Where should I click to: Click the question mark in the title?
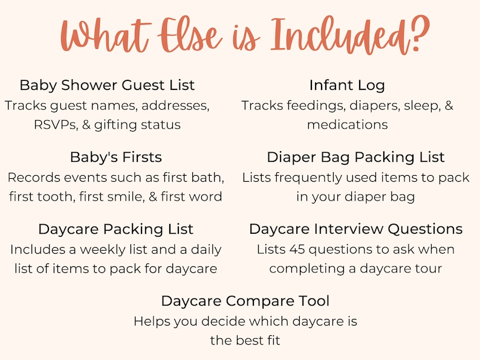415,35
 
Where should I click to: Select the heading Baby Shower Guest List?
107,85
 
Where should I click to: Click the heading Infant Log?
347,85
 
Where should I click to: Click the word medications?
347,124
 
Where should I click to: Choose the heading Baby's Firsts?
116,157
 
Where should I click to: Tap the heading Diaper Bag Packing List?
355,157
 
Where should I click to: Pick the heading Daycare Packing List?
115,229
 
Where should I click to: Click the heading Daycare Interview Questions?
355,229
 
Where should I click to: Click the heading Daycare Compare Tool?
245,300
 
